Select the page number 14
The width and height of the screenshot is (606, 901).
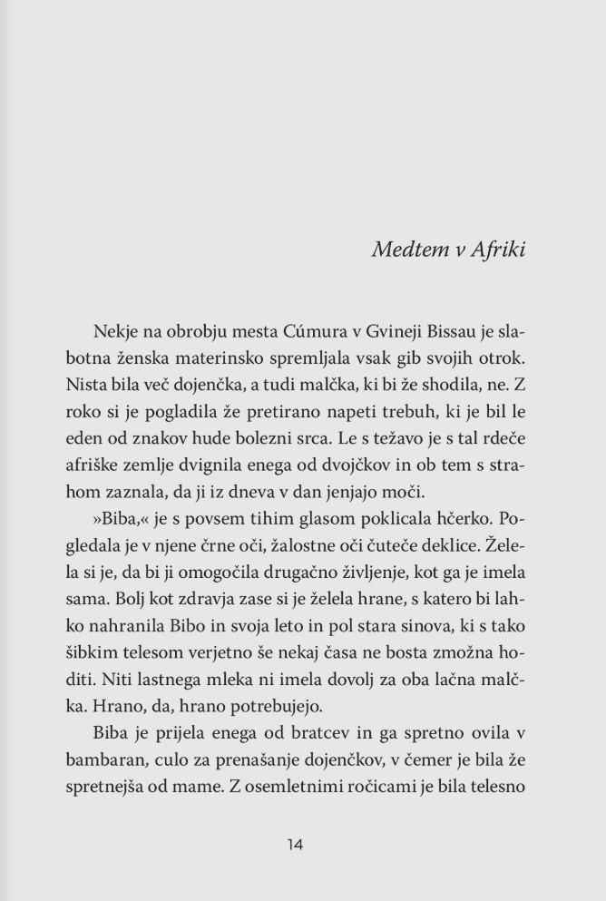pyautogui.click(x=294, y=844)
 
